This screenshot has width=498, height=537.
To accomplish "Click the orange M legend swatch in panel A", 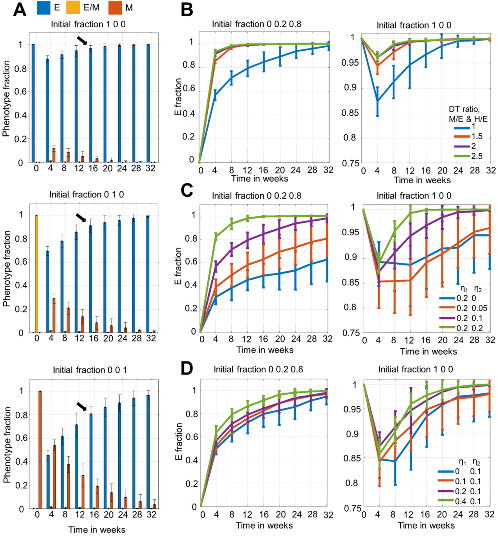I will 115,8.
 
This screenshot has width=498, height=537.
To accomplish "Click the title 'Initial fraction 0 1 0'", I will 86,195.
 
